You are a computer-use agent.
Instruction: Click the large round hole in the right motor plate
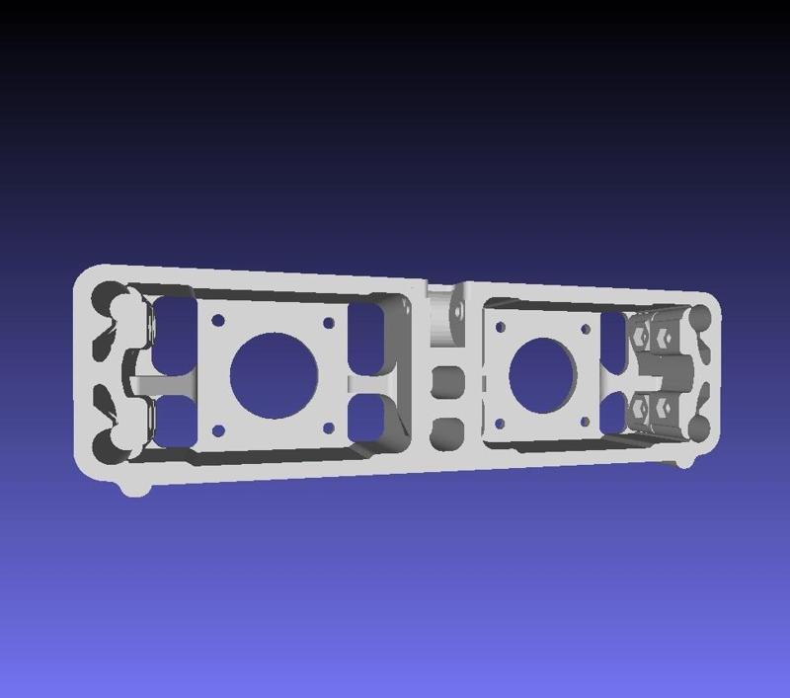tap(541, 375)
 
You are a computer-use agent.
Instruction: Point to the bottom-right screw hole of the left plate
tap(327, 429)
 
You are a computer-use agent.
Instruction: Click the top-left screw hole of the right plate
tap(501, 326)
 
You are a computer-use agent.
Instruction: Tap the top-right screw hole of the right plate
tap(586, 328)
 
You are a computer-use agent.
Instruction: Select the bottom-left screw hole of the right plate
tap(500, 424)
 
